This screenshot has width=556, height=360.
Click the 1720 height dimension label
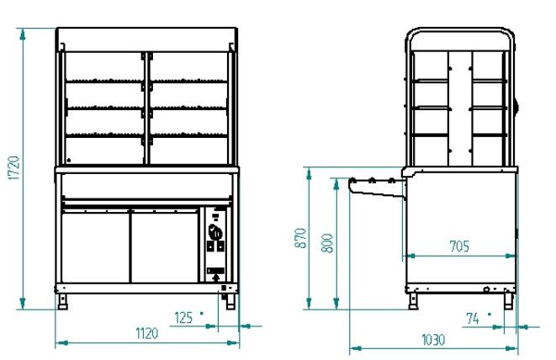[x=14, y=167]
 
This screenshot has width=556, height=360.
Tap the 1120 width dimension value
[x=147, y=333]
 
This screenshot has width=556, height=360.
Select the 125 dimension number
[x=183, y=318]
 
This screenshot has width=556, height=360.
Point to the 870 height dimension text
[x=300, y=238]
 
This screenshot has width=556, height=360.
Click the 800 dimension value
[x=327, y=243]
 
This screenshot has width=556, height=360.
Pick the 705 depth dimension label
[x=459, y=246]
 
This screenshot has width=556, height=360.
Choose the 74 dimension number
[x=473, y=319]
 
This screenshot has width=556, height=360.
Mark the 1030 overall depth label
[x=433, y=340]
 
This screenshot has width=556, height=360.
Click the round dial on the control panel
[x=215, y=233]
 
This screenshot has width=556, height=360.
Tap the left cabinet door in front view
[x=96, y=246]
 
